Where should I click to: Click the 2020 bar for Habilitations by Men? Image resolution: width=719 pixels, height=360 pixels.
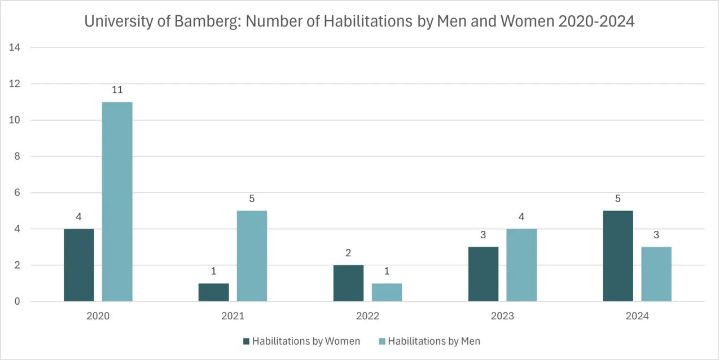pyautogui.click(x=117, y=201)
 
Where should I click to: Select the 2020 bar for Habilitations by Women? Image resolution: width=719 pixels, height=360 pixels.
pyautogui.click(x=79, y=265)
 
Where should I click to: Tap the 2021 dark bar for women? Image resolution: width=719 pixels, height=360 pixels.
pyautogui.click(x=213, y=292)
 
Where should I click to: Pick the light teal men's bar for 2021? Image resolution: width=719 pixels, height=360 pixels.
pyautogui.click(x=252, y=256)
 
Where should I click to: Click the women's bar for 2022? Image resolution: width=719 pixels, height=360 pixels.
pyautogui.click(x=348, y=283)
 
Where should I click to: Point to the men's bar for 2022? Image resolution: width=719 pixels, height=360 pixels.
pyautogui.click(x=387, y=292)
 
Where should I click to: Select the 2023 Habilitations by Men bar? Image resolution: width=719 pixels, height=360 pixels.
pyautogui.click(x=521, y=265)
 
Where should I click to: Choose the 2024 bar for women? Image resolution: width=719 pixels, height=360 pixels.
pyautogui.click(x=618, y=256)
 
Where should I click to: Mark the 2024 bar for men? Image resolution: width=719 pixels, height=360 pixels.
pyautogui.click(x=656, y=274)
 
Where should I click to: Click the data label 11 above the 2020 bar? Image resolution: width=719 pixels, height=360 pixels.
pyautogui.click(x=117, y=90)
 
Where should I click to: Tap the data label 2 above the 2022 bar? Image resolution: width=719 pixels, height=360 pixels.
pyautogui.click(x=348, y=253)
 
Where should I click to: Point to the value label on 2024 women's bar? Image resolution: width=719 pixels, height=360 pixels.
pyautogui.click(x=618, y=199)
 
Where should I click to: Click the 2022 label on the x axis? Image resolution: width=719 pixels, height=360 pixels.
pyautogui.click(x=367, y=316)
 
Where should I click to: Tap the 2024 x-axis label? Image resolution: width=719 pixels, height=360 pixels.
pyautogui.click(x=637, y=316)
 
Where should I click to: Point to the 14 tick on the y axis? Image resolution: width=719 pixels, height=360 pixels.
pyautogui.click(x=15, y=47)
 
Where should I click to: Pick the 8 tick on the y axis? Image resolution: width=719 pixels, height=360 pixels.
pyautogui.click(x=17, y=156)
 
